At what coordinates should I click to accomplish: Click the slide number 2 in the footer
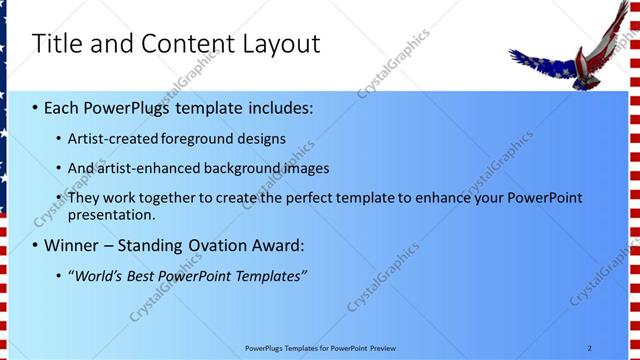[589, 347]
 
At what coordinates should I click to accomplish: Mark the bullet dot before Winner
[35, 245]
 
